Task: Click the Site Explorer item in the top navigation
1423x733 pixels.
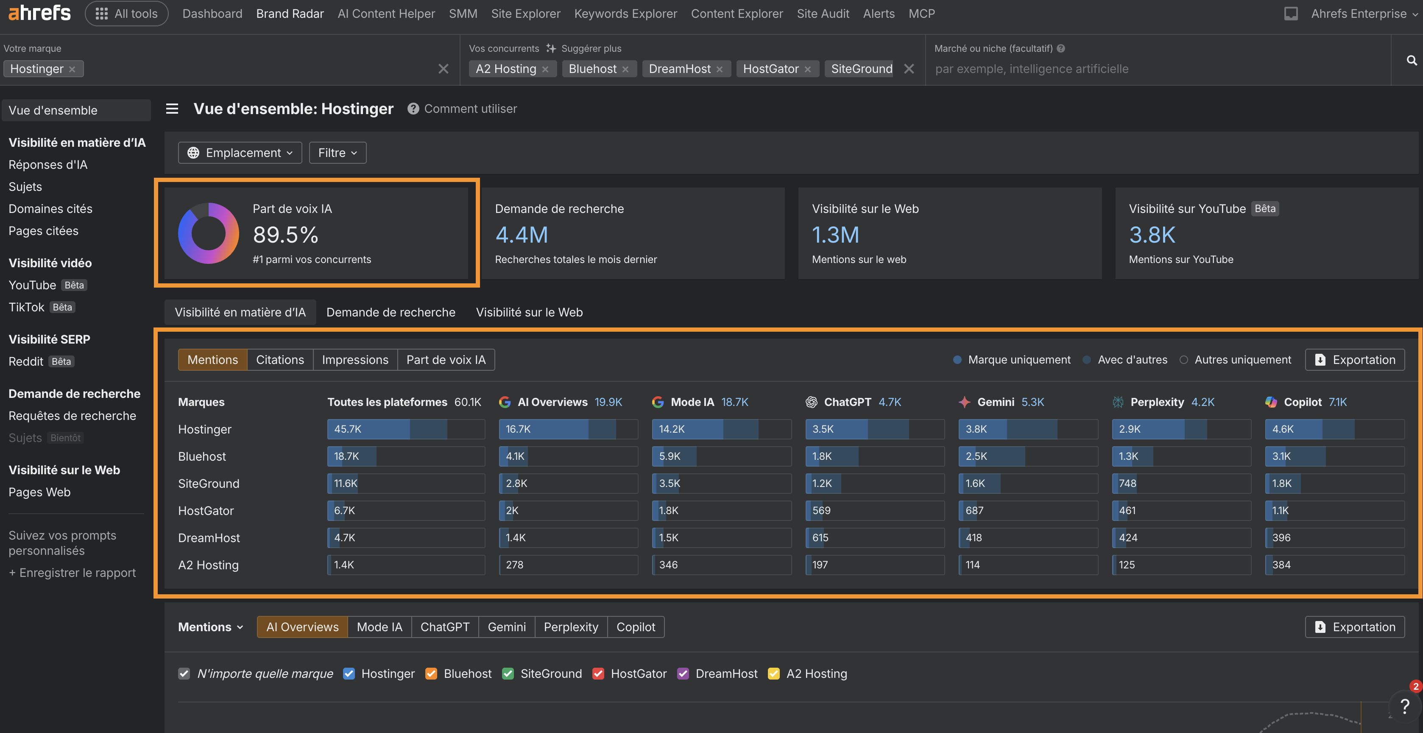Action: pos(525,14)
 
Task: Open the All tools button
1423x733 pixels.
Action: pos(126,14)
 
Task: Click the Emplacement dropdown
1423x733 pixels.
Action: pos(240,153)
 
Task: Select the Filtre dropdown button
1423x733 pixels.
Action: pos(338,153)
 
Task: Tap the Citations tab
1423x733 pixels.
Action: pos(279,360)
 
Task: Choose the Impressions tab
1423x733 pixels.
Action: pos(354,360)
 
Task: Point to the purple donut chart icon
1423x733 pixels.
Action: pos(208,233)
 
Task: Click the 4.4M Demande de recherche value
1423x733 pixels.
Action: pos(521,235)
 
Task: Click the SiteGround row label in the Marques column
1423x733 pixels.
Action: pos(208,484)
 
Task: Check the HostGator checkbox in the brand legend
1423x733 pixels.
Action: pos(598,674)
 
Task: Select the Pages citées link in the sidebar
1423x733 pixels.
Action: pos(43,231)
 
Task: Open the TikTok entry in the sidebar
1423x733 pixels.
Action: pos(26,308)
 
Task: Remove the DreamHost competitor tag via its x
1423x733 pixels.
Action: pos(719,70)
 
